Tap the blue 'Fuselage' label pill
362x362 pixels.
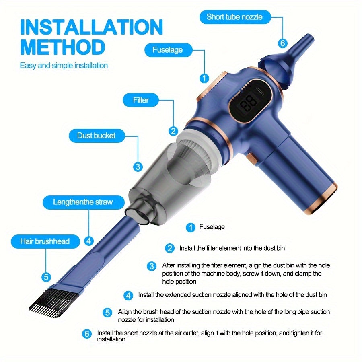coord(167,50)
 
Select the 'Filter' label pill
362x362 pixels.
coord(141,100)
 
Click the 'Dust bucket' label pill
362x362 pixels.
coord(96,136)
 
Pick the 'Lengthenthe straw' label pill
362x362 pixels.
coord(83,202)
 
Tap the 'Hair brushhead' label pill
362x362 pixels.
coord(45,241)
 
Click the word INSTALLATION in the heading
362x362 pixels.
coord(91,27)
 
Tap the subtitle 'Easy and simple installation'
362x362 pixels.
coord(64,65)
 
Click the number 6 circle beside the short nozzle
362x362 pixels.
coord(282,43)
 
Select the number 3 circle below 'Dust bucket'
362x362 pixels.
coord(138,167)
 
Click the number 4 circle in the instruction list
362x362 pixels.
coord(129,296)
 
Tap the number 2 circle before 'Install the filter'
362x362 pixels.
coord(170,249)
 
